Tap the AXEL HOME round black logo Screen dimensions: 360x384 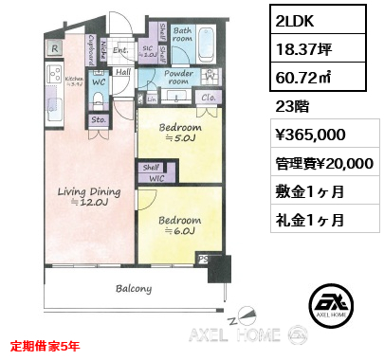pos(335,302)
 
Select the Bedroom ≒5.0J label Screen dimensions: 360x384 pos(180,132)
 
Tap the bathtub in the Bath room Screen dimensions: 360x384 pos(209,44)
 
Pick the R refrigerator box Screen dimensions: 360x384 pos(55,47)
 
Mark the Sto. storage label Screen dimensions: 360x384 pos(97,121)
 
